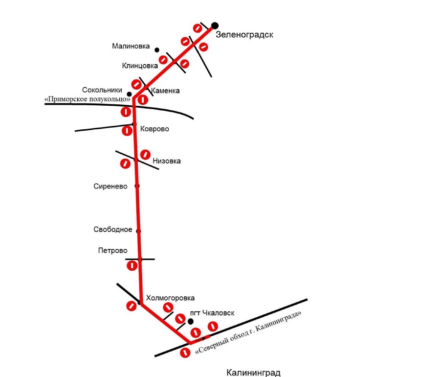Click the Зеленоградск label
click(x=244, y=35)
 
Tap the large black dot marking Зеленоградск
click(x=215, y=25)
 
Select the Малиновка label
click(x=131, y=47)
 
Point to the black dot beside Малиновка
click(x=157, y=49)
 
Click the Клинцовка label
click(x=140, y=65)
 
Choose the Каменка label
click(x=165, y=91)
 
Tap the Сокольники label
click(x=102, y=90)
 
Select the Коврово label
click(x=154, y=129)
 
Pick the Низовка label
click(x=167, y=161)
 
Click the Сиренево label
click(x=110, y=186)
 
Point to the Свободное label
click(x=113, y=230)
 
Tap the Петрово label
click(x=112, y=251)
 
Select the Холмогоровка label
click(x=170, y=298)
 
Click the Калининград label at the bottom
click(x=253, y=373)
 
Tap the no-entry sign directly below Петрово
click(x=132, y=266)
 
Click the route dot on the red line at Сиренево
click(x=137, y=186)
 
